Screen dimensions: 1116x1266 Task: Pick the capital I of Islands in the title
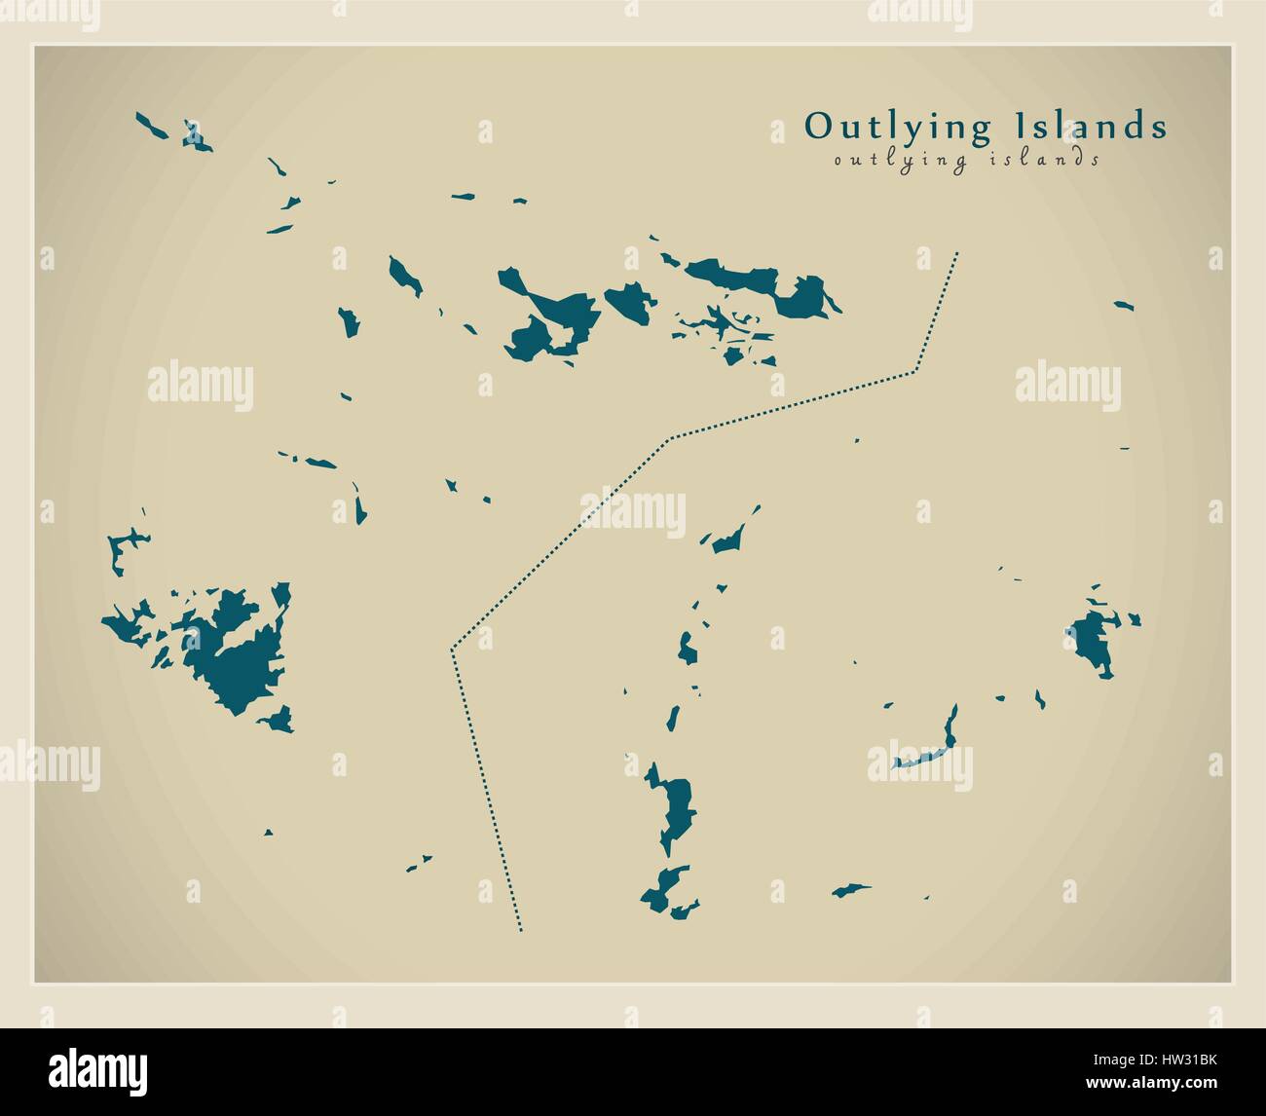point(1021,126)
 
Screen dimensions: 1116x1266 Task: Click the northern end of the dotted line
point(957,253)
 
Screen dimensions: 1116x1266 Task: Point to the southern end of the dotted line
point(521,930)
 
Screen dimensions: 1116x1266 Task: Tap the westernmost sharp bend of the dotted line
point(452,649)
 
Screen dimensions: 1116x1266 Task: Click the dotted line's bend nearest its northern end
point(915,370)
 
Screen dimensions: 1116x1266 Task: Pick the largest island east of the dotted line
point(678,804)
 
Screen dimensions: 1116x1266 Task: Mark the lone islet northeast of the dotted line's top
point(1124,306)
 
